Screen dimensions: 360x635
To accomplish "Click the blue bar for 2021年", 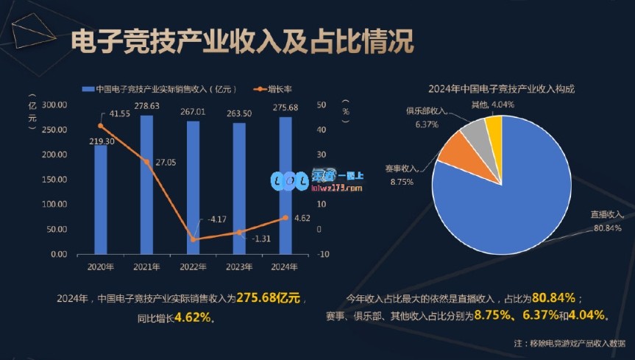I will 147,184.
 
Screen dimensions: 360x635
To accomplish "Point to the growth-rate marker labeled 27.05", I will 147,162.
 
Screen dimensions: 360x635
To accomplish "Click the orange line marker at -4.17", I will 194,239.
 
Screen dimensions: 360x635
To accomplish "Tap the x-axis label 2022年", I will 193,267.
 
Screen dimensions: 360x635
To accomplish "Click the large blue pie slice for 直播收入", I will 515,191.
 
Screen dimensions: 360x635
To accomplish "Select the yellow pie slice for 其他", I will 494,127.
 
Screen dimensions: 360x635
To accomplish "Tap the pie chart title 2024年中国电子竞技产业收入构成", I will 501,88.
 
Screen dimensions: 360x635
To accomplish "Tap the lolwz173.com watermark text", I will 338,188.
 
